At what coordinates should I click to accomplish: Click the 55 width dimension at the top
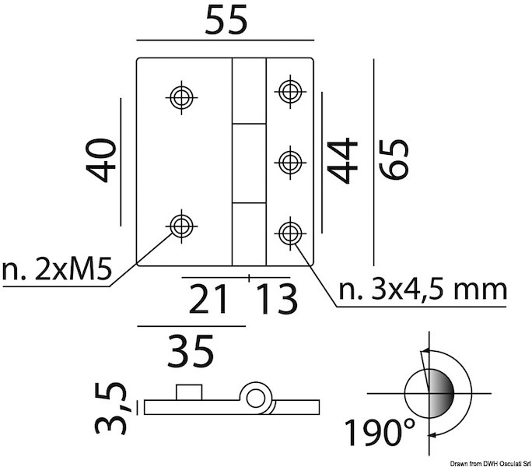(x=226, y=21)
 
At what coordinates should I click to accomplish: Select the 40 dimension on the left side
(x=101, y=160)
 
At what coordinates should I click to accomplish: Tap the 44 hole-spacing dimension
(x=342, y=160)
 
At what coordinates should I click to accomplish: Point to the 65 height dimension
(x=394, y=160)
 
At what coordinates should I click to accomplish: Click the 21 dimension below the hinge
(x=208, y=299)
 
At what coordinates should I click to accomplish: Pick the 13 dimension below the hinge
(x=277, y=299)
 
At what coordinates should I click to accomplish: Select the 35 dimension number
(x=191, y=351)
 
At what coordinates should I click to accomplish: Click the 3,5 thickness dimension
(x=110, y=409)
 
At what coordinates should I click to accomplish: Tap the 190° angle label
(x=380, y=432)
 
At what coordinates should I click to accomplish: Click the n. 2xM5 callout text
(x=57, y=270)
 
